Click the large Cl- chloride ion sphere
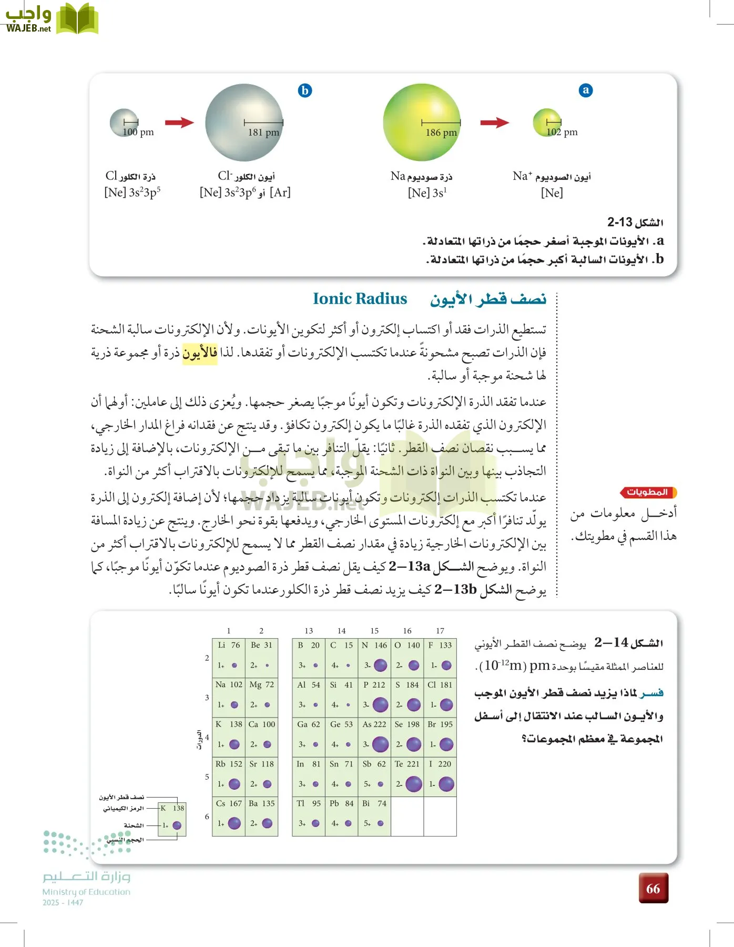(244, 123)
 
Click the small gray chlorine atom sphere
(124, 123)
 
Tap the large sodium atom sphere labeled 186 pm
(422, 123)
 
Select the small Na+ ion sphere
(547, 123)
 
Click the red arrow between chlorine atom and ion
(179, 123)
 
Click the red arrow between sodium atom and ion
(494, 123)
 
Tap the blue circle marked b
(305, 90)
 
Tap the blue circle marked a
(586, 90)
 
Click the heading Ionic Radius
(360, 299)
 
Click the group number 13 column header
(309, 631)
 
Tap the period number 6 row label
(207, 817)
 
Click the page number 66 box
(653, 889)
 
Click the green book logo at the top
(77, 19)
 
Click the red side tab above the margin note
(648, 492)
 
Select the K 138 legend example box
(172, 817)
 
